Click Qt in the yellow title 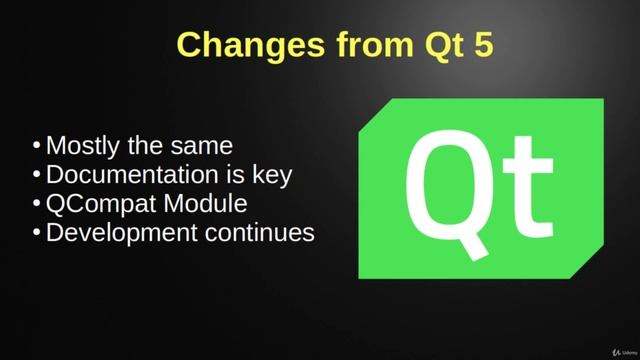437,45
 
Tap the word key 271,175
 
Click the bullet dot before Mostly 37,145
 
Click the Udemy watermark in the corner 613,348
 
